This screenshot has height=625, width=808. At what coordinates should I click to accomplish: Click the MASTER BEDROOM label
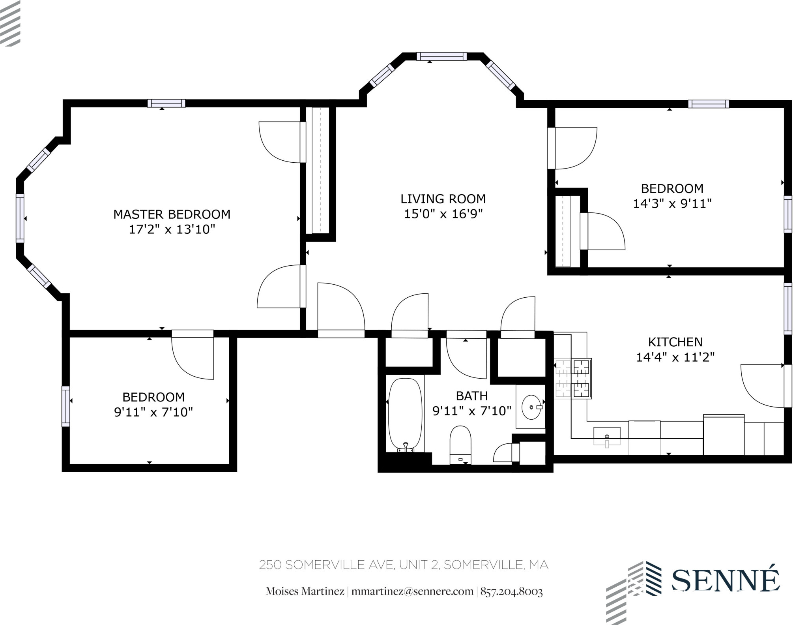[172, 214]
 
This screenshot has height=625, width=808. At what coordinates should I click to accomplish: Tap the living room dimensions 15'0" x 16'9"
[443, 214]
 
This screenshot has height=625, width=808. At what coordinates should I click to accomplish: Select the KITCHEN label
[675, 342]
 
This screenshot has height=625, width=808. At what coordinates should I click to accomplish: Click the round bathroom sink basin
[531, 407]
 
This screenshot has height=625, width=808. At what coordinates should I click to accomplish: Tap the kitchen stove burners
[582, 378]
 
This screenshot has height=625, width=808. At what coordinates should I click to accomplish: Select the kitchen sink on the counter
[607, 436]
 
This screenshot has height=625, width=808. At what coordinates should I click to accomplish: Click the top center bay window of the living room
[441, 56]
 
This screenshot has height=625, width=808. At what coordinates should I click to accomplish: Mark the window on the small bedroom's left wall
[65, 406]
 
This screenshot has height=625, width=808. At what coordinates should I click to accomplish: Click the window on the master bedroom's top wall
[166, 103]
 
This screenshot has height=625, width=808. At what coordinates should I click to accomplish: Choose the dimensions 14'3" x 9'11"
[672, 204]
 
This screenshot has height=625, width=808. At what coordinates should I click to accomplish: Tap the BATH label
[471, 396]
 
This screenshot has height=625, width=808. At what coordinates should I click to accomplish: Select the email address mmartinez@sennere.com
[412, 591]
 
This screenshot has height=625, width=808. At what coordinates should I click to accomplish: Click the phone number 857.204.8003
[511, 591]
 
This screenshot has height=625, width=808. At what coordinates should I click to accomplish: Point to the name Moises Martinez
[305, 591]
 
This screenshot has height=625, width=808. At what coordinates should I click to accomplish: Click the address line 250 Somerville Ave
[404, 565]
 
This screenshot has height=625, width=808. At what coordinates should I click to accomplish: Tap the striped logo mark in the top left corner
[10, 23]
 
